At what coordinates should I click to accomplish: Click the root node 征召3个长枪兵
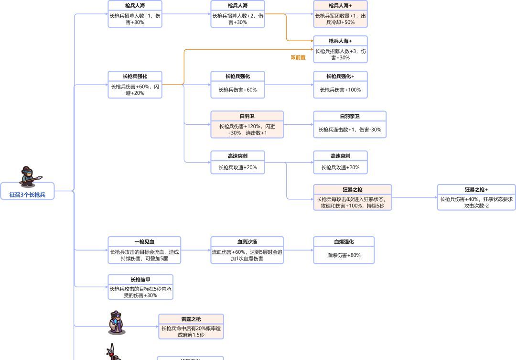tap(27, 195)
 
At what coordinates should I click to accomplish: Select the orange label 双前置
tap(298, 57)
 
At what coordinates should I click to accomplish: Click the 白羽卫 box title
tap(247, 116)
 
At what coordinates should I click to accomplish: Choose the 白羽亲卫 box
tap(349, 125)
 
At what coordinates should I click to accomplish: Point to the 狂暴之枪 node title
tap(352, 189)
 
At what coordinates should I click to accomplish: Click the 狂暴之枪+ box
tap(476, 197)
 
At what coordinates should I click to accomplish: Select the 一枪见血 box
tap(144, 250)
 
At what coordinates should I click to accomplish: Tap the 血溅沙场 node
tap(247, 250)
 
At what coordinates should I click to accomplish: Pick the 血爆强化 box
tap(344, 250)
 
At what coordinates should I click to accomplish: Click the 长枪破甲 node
tap(140, 287)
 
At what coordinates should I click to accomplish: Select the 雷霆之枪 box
tap(191, 327)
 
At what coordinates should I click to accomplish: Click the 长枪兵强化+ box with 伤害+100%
tap(340, 85)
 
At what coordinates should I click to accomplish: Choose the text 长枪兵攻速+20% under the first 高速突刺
tap(237, 167)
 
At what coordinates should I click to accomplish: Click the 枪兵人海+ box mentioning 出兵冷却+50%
tap(340, 14)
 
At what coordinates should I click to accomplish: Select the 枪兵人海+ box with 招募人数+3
tap(340, 50)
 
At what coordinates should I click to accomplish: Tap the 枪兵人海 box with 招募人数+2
tap(237, 14)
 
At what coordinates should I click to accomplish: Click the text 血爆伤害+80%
tap(344, 255)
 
